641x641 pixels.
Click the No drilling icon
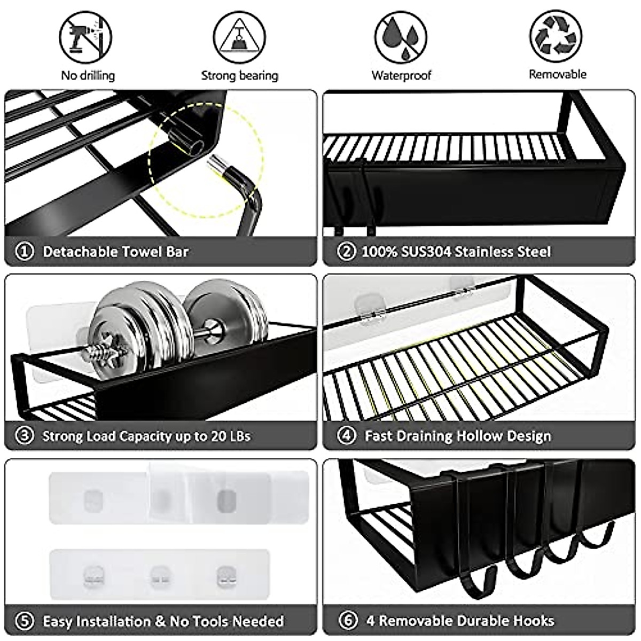point(85,38)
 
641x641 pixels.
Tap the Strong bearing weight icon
point(239,38)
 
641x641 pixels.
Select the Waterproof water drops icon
point(401,38)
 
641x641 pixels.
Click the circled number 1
point(25,251)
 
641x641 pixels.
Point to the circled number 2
point(347,251)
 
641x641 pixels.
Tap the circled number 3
point(25,436)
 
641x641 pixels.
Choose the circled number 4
point(347,436)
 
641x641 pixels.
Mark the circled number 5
point(25,621)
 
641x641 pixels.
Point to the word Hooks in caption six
point(534,621)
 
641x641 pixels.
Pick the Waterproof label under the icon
point(401,75)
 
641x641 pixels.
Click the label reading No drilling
point(88,75)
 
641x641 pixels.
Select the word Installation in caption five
point(113,621)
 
